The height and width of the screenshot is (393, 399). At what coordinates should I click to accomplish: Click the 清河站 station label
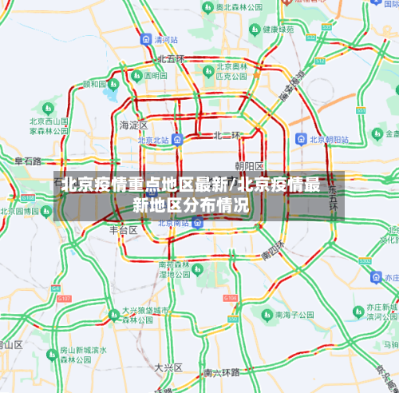point(165,39)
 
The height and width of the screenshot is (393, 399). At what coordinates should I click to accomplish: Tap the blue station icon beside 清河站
point(145,39)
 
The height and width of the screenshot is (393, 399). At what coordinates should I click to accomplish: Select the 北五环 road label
point(171,59)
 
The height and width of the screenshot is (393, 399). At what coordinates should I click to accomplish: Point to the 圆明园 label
point(156,76)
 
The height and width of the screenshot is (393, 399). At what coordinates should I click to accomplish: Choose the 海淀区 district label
point(133,125)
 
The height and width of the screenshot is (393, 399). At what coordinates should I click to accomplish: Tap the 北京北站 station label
point(153,140)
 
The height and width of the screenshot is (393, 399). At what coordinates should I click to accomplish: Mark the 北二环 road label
point(226,136)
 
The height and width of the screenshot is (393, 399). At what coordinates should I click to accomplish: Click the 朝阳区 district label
point(249,165)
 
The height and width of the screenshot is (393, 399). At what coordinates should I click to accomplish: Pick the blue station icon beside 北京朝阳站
point(300,139)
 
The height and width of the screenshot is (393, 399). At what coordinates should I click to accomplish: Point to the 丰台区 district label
point(124,229)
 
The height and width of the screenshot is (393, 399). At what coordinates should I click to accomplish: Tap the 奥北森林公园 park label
point(240,6)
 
